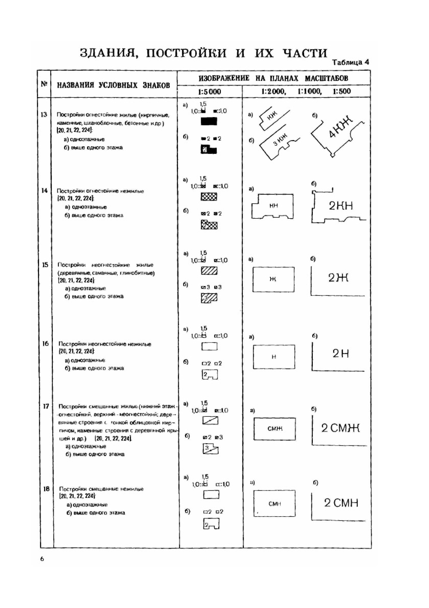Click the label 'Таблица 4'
tap(350, 62)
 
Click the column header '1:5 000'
tap(210, 91)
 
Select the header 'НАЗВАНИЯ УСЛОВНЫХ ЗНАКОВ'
tap(113, 85)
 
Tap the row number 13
tap(44, 114)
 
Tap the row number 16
tap(45, 343)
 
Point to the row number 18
tap(46, 488)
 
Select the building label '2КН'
tap(341, 206)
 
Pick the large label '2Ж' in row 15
tap(338, 278)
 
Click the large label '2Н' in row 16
tap(341, 354)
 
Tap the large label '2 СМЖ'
tap(341, 428)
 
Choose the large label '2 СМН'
tap(341, 503)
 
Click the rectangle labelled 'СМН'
tap(275, 503)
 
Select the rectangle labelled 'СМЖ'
tap(275, 428)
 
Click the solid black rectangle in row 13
tap(209, 121)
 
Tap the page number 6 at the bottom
tap(42, 559)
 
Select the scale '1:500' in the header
tap(341, 91)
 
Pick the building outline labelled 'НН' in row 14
tap(273, 206)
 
